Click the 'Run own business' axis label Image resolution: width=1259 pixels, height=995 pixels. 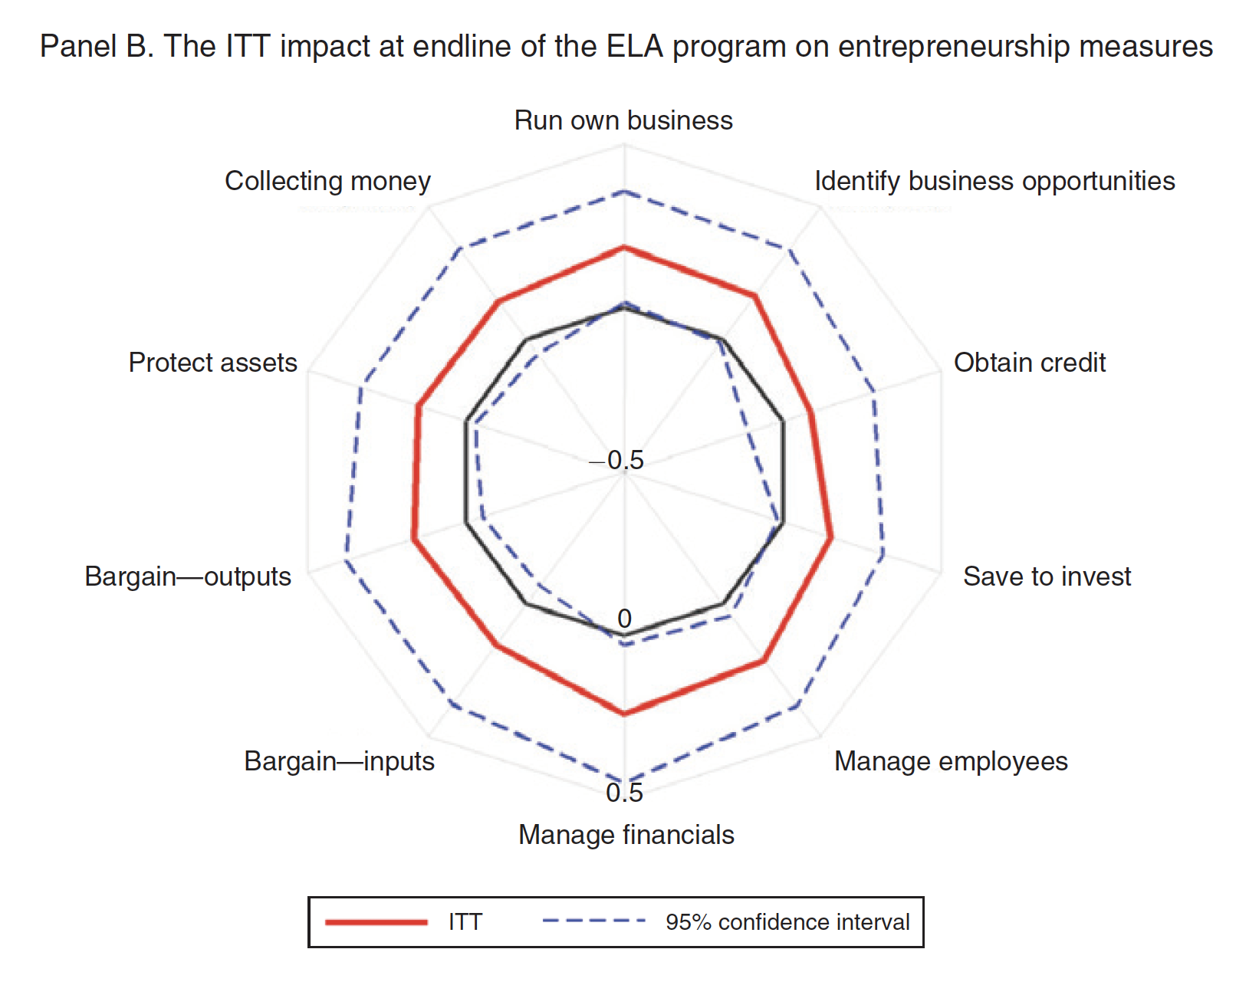point(623,121)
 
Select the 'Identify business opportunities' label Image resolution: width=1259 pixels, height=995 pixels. point(994,182)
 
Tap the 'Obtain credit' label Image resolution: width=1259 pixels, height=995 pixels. point(1029,363)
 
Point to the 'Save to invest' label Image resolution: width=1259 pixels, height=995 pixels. point(1046,576)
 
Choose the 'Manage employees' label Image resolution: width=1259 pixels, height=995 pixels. point(950,761)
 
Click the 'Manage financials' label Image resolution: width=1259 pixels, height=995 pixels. point(626,835)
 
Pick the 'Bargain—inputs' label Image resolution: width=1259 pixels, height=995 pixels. point(339,761)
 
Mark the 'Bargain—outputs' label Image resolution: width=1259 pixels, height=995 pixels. point(188,576)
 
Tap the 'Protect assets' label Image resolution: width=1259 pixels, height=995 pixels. point(212,363)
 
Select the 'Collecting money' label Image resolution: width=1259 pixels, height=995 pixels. point(327,182)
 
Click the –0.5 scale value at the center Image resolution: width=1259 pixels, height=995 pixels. point(617,460)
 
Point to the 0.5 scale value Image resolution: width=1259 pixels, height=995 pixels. point(624,793)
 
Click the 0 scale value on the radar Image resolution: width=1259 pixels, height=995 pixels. point(624,618)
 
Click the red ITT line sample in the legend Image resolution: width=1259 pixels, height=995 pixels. point(376,921)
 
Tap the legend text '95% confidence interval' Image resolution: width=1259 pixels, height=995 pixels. point(787,921)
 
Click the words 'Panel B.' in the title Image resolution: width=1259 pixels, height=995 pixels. point(97,47)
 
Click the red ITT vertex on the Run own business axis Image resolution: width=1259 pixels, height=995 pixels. point(624,247)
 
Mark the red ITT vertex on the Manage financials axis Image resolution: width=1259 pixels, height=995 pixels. point(624,714)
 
